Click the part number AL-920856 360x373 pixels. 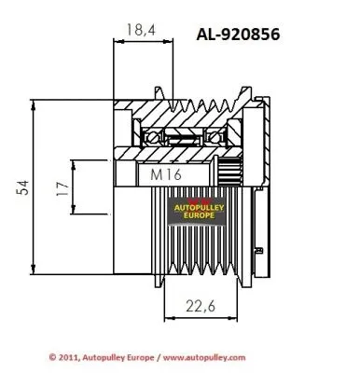(x=238, y=34)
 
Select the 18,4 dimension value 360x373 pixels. (x=141, y=30)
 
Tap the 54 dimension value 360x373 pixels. (x=22, y=187)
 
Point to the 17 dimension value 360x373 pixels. (x=62, y=188)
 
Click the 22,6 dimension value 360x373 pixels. (x=201, y=306)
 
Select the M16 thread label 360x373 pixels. (x=166, y=174)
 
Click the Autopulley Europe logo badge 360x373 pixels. (x=198, y=211)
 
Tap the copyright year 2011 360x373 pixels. (x=69, y=357)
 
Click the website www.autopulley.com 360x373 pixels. (x=204, y=358)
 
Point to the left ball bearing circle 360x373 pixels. (x=152, y=137)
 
